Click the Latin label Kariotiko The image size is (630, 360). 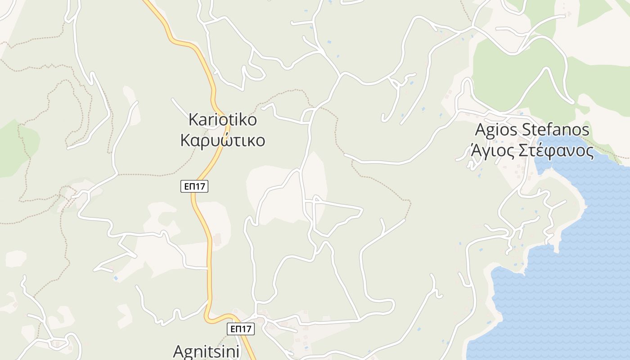tap(223, 120)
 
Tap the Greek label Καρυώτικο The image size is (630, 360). tap(223, 140)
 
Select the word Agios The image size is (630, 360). tap(496, 130)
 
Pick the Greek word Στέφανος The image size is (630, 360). tap(556, 151)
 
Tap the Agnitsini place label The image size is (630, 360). tap(207, 351)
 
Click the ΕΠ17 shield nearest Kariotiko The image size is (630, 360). tap(195, 186)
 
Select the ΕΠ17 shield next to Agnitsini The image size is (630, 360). tap(240, 329)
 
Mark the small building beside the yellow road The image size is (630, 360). tap(218, 239)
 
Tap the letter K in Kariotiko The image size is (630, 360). tap(193, 120)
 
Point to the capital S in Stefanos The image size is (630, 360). tap(526, 130)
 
